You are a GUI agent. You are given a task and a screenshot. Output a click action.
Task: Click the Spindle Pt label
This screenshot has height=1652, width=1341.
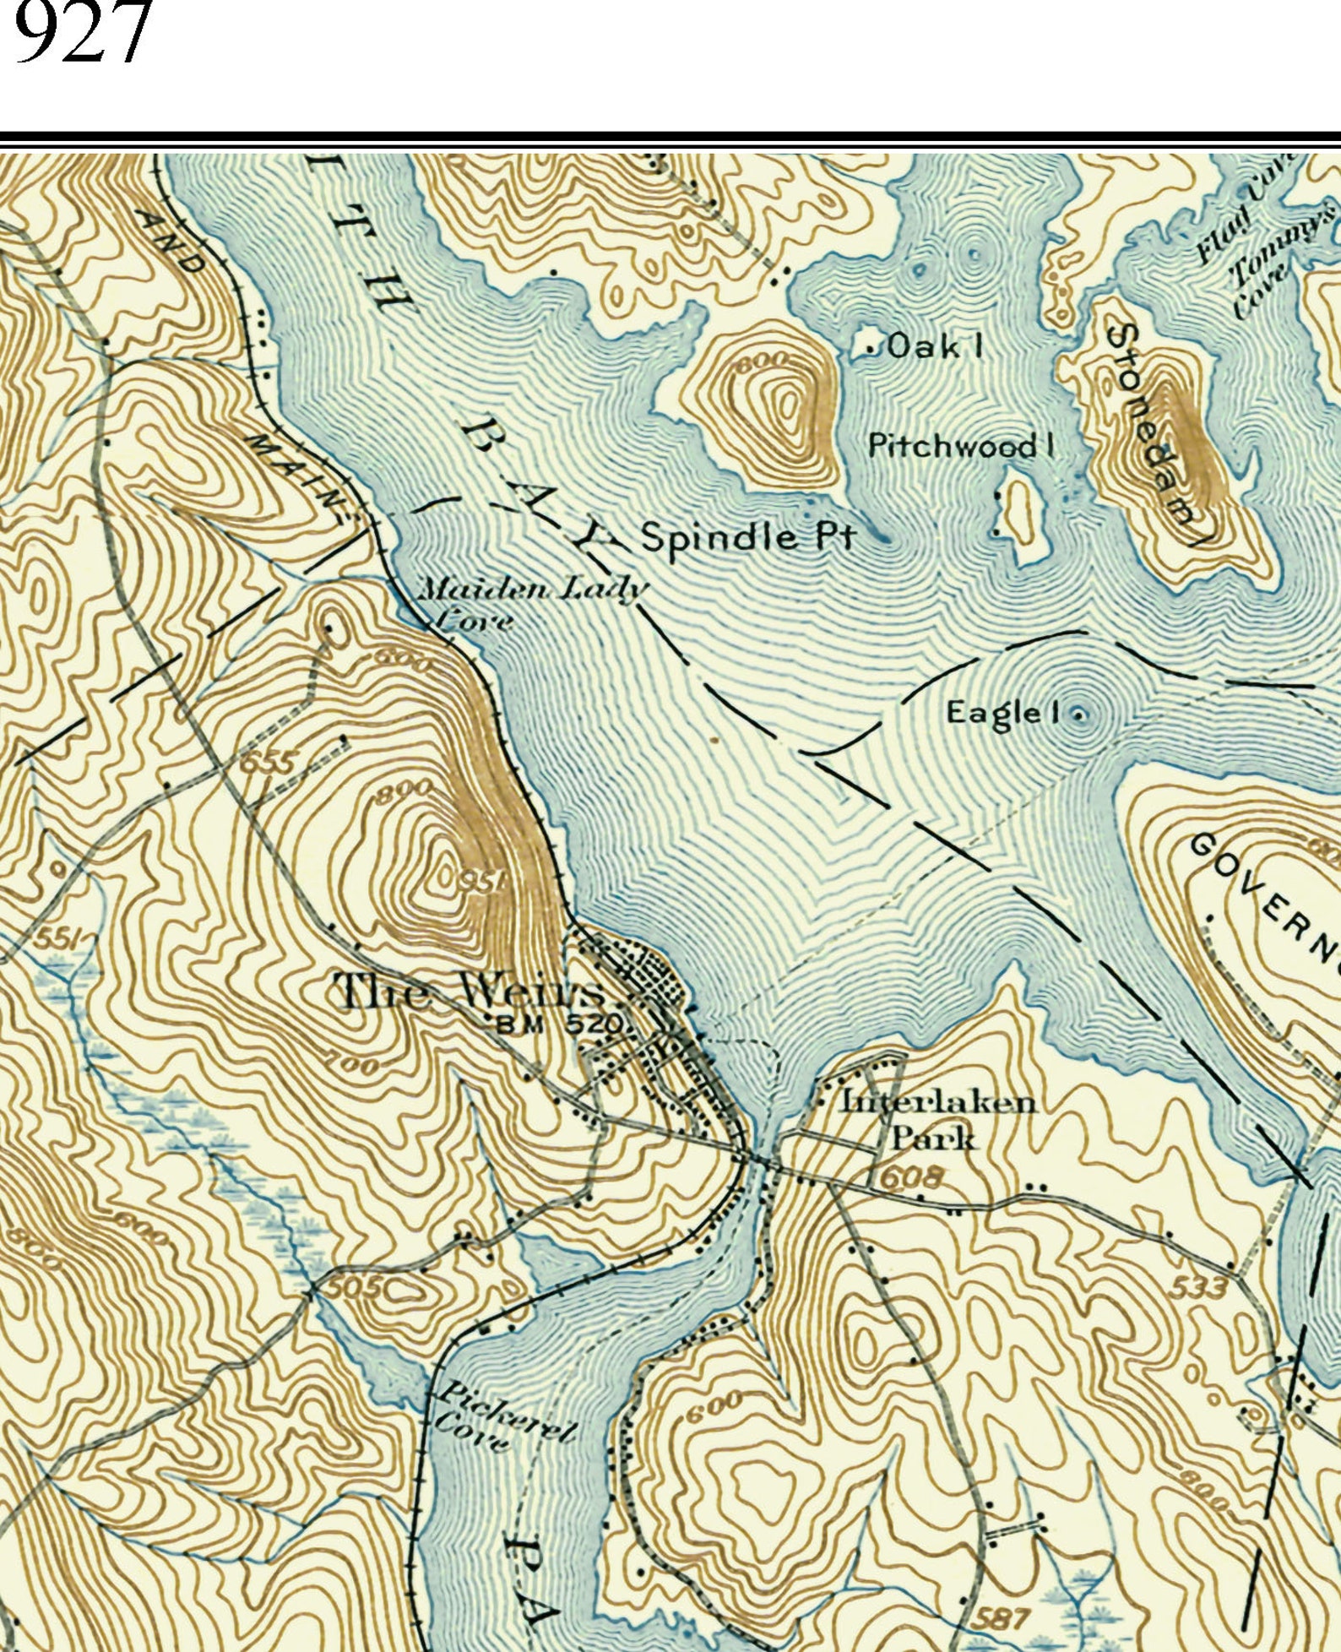[748, 537]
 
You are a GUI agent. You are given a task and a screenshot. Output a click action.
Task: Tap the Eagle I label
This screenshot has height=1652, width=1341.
[1002, 712]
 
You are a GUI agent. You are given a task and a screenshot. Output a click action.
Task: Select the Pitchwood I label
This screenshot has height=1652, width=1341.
[961, 445]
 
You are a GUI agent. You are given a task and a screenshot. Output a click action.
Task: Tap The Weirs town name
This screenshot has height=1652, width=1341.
[470, 991]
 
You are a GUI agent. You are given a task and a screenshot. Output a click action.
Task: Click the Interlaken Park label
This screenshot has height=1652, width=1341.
[937, 1119]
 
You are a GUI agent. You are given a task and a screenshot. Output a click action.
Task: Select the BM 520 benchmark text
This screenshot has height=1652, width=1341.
[559, 1024]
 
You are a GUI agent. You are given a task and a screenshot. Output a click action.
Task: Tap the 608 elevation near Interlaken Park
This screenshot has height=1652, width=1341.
[911, 1177]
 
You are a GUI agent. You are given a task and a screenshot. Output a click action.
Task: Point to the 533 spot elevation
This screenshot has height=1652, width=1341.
[1198, 1287]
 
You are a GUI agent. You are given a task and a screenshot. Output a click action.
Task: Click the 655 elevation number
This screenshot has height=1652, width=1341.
[269, 762]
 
